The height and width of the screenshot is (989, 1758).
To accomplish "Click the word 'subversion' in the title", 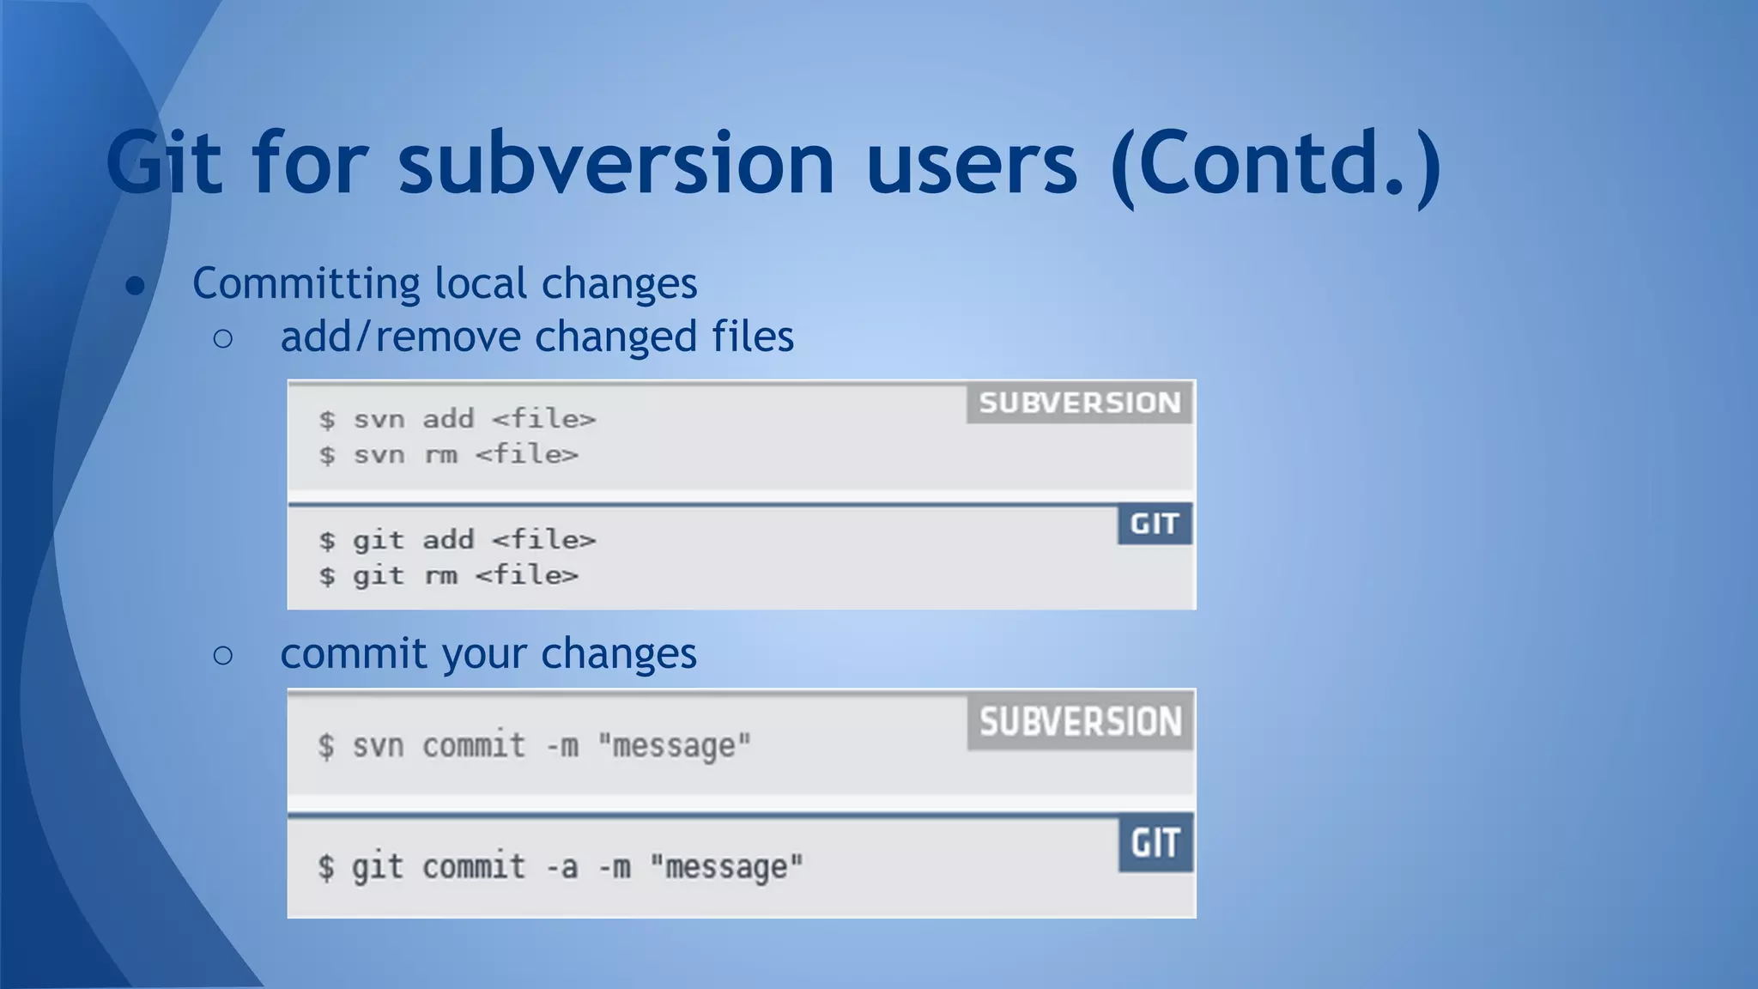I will (x=615, y=163).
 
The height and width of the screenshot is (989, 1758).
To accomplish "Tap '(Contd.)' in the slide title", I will (x=1276, y=163).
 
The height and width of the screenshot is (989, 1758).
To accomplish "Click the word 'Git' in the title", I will (x=164, y=163).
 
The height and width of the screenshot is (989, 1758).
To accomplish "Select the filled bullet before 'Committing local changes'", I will (x=135, y=285).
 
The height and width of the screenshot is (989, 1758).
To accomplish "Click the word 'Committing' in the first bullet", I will (x=305, y=284).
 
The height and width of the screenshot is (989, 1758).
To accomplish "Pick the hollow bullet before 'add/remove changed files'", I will (x=222, y=338).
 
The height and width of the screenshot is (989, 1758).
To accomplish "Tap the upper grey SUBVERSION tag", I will (x=1079, y=403).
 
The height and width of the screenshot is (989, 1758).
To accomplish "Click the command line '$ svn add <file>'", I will (x=457, y=419).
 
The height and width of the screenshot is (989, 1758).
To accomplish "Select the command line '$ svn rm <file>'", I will (x=448, y=454).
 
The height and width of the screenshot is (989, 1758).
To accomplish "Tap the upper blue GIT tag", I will (x=1154, y=524).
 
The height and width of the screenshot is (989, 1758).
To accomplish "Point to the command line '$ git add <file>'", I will (x=457, y=540).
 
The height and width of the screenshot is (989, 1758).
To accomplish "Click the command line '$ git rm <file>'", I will (x=448, y=575).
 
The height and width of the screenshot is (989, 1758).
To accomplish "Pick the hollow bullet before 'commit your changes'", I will (x=222, y=656).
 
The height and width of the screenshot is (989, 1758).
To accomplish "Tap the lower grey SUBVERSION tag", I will (x=1080, y=722).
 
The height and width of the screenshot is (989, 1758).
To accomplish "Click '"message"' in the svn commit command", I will (x=674, y=746).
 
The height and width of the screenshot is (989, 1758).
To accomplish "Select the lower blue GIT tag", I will (x=1155, y=843).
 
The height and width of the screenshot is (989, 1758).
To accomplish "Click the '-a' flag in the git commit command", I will (x=562, y=867).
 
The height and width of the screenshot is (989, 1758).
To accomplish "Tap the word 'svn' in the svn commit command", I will (x=378, y=746).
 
